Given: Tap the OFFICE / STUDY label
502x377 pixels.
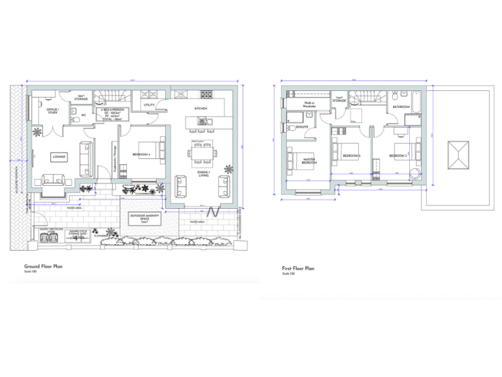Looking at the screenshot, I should (x=52, y=111).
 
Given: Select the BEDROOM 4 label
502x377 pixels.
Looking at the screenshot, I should (x=142, y=154).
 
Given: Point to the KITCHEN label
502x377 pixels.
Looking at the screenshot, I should (x=201, y=108).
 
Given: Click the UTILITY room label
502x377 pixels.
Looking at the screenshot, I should (x=148, y=104).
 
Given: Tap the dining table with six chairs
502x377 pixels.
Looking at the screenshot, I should (x=201, y=154).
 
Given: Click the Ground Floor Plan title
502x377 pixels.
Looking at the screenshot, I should (x=43, y=266).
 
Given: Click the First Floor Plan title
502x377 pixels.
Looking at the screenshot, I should (x=298, y=268).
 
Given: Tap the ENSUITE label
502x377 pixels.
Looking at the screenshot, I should (x=303, y=126).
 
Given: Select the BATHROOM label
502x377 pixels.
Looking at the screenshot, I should (x=401, y=106).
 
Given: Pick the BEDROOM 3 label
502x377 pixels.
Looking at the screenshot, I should (x=399, y=156).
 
